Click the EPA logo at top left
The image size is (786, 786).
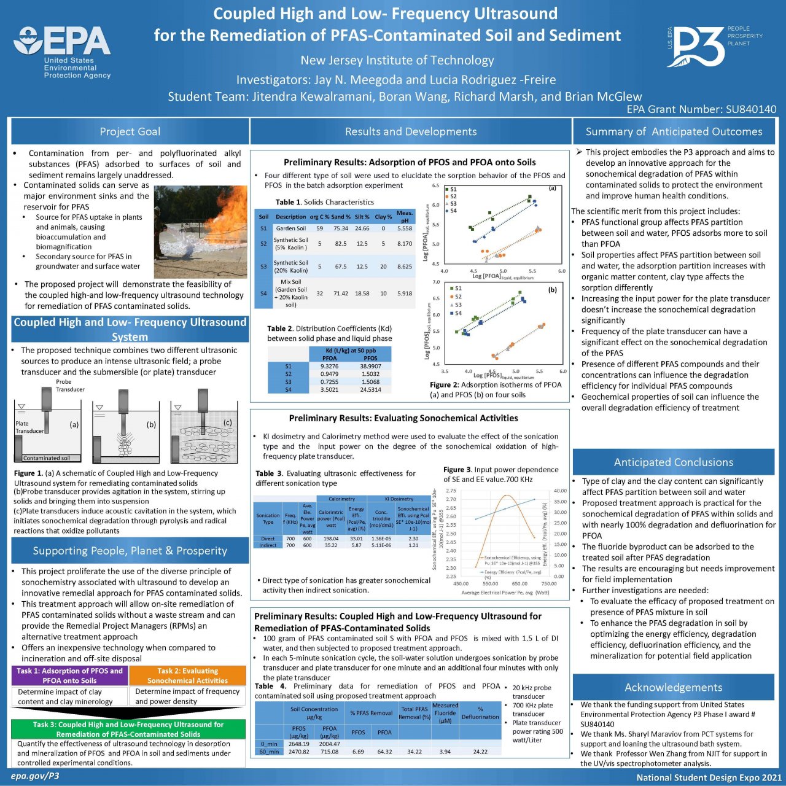tap(62, 52)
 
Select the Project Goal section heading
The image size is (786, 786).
tap(130, 131)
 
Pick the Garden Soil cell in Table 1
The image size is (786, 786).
tap(290, 228)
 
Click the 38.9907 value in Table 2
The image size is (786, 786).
tap(370, 366)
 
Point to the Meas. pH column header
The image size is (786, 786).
tap(405, 217)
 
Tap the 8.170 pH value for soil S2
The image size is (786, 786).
tap(405, 244)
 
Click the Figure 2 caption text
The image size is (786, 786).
tap(495, 389)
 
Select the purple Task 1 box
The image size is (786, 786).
tap(69, 675)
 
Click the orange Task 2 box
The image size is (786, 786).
tap(187, 675)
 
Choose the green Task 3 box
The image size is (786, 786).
tap(128, 729)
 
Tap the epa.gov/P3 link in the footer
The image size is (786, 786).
tap(35, 776)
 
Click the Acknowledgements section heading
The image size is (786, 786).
tap(673, 687)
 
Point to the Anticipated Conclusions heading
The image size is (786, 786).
tap(673, 462)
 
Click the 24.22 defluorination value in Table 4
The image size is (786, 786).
tap(480, 752)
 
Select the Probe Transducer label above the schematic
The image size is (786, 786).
tap(70, 385)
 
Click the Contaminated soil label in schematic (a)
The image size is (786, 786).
tap(47, 458)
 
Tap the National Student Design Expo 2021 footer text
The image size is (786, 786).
tap(709, 777)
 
